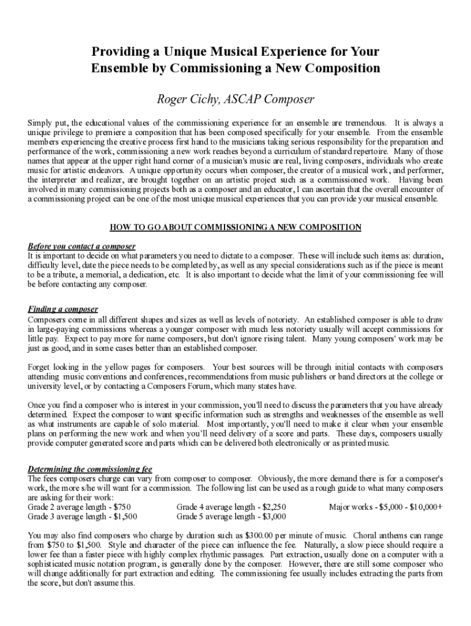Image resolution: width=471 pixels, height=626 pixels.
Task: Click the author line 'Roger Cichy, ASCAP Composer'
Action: pyautogui.click(x=236, y=98)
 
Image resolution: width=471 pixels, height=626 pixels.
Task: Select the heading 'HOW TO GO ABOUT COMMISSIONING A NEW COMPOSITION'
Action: pyautogui.click(x=236, y=227)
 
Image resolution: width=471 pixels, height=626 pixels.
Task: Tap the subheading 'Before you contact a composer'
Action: pyautogui.click(x=81, y=246)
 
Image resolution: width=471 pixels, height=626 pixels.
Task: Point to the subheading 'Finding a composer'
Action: pyautogui.click(x=63, y=309)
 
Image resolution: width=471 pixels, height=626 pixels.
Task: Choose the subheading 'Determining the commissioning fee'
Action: pyautogui.click(x=90, y=469)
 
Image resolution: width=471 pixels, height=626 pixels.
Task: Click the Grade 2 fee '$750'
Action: pyautogui.click(x=120, y=507)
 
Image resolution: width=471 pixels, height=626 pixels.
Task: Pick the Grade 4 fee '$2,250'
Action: pyautogui.click(x=273, y=507)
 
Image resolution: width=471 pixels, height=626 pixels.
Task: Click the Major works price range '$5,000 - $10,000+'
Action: pyautogui.click(x=411, y=507)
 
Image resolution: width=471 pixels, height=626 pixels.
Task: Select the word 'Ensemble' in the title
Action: pyautogui.click(x=117, y=67)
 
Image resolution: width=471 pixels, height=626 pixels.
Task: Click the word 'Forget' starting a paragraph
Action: pyautogui.click(x=40, y=367)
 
